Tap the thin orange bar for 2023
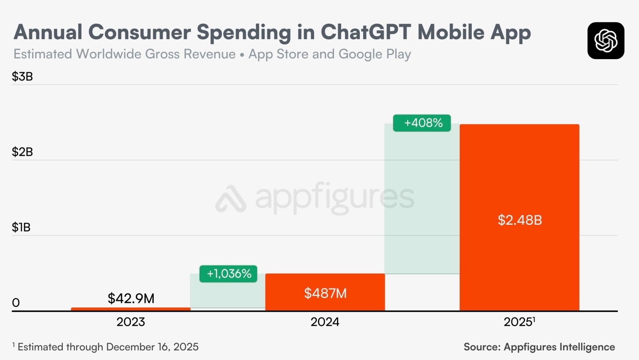131,309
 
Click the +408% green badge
422,123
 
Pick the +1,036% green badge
228,274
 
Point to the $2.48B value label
520,220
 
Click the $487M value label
325,293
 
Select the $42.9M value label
131,298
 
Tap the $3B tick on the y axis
22,77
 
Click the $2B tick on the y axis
22,152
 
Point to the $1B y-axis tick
21,227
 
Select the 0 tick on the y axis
16,303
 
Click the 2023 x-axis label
131,322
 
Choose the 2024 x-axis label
325,322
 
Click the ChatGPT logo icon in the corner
606,41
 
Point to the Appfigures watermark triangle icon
230,199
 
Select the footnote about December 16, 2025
106,347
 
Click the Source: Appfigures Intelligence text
539,347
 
